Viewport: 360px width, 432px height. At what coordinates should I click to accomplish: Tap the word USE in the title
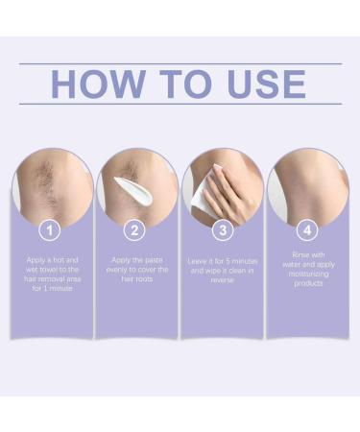pyautogui.click(x=264, y=84)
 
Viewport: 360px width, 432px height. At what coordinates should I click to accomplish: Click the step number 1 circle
pyautogui.click(x=53, y=231)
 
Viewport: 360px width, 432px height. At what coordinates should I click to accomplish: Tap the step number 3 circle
pyautogui.click(x=222, y=231)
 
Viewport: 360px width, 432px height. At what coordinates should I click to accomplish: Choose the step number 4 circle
pyautogui.click(x=306, y=231)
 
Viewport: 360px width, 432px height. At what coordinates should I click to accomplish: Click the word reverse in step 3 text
pyautogui.click(x=222, y=280)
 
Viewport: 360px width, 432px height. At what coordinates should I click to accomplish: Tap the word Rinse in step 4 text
pyautogui.click(x=306, y=254)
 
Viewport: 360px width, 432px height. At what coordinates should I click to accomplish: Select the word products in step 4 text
pyautogui.click(x=306, y=285)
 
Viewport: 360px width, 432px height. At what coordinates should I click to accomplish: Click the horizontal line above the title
pyautogui.click(x=180, y=63)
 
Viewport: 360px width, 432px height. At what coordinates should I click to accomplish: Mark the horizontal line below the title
pyautogui.click(x=180, y=104)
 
